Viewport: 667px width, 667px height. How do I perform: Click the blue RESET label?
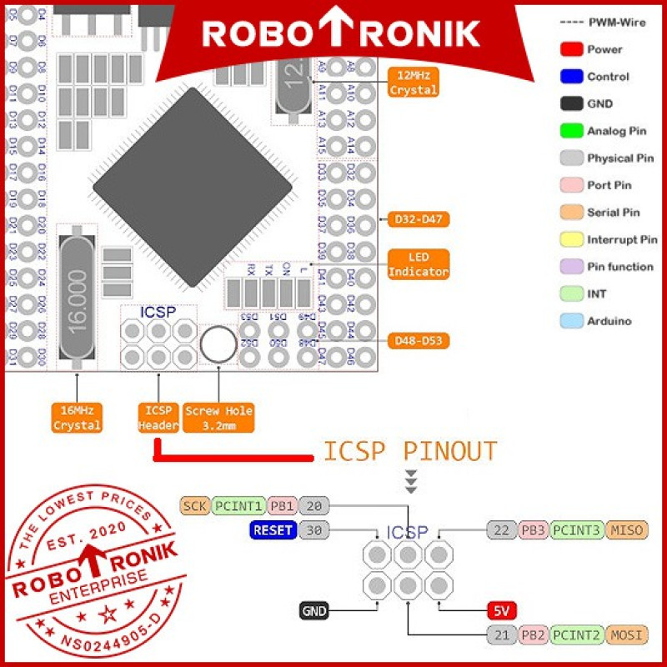[x=273, y=529]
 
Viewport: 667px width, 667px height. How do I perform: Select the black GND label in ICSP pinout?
[x=314, y=611]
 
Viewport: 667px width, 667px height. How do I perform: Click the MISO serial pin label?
[x=627, y=529]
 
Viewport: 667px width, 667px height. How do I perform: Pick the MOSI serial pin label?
[x=627, y=635]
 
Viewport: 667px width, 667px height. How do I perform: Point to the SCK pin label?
[x=195, y=505]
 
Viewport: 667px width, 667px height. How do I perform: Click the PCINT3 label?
[x=577, y=529]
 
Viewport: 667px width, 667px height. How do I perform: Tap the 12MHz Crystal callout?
[x=414, y=83]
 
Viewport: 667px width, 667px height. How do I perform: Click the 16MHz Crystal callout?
[x=77, y=418]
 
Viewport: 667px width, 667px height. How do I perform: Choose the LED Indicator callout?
[x=419, y=264]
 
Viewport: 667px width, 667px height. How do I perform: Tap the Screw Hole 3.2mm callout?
[x=218, y=418]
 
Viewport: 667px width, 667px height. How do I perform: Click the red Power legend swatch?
[x=571, y=49]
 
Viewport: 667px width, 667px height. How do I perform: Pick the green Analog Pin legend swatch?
[x=571, y=131]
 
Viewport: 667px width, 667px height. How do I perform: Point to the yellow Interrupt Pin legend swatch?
[x=571, y=239]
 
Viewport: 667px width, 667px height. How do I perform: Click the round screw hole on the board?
[x=218, y=344]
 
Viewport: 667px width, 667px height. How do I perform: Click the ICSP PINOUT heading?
[x=409, y=451]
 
